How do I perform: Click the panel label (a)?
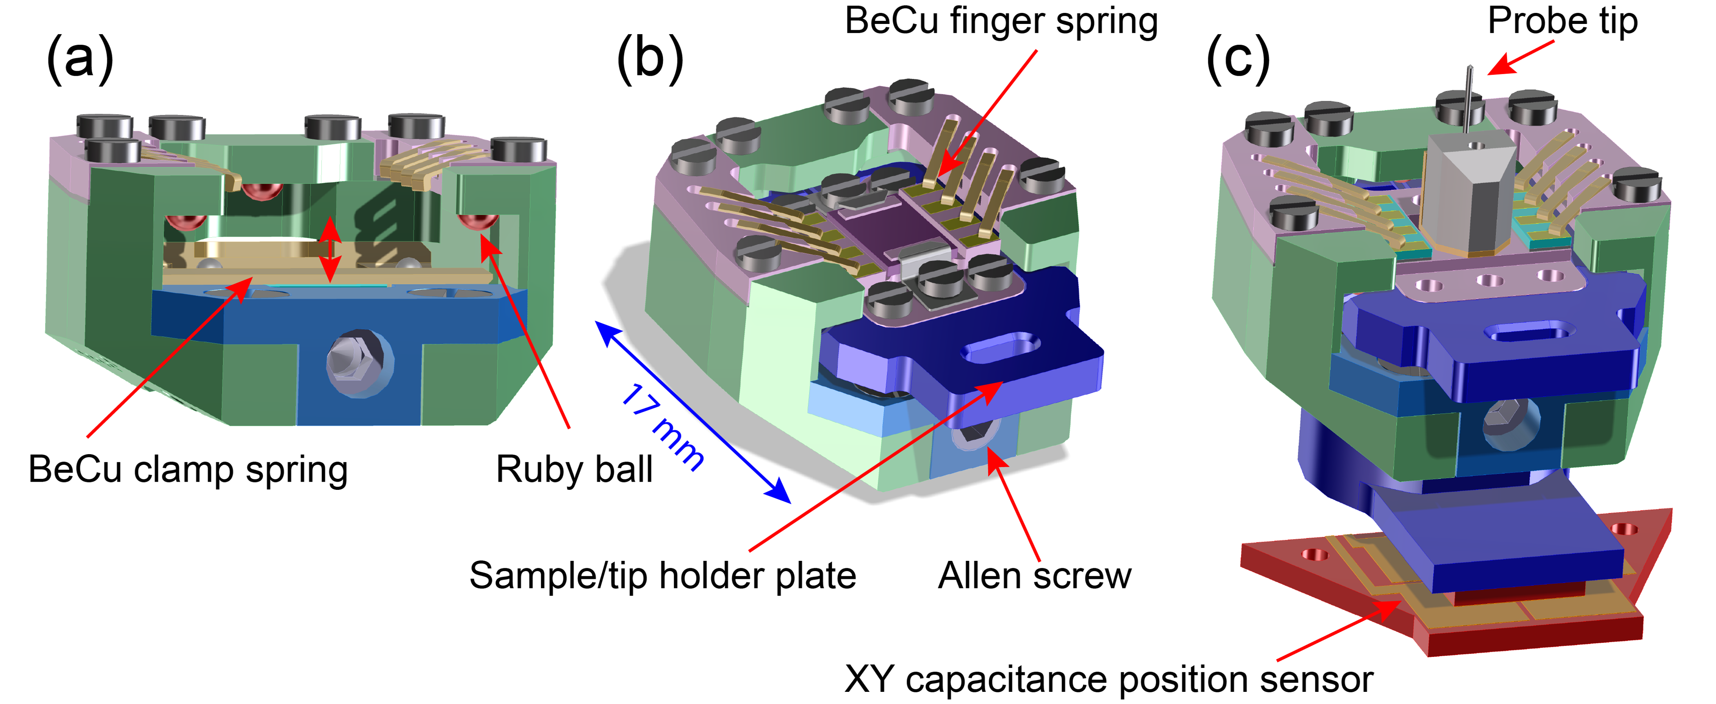pos(80,58)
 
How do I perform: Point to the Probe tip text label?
pos(1562,21)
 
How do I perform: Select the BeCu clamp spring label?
pos(188,469)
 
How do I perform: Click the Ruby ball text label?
pos(574,469)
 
